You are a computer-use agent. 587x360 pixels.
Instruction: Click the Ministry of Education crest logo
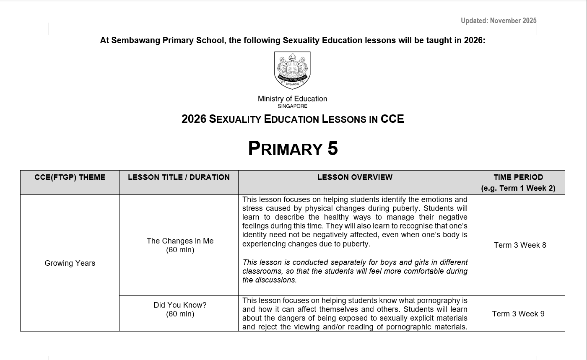coord(292,70)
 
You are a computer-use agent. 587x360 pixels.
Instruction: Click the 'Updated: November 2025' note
coord(498,21)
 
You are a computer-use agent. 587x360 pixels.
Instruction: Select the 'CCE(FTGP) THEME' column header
coord(70,177)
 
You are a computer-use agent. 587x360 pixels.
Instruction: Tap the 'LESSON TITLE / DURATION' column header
coord(179,177)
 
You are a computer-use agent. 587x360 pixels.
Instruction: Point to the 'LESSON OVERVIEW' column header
coord(355,177)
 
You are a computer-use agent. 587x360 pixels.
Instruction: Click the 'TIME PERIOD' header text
coord(518,177)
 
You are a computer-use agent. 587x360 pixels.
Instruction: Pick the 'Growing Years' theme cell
coord(70,263)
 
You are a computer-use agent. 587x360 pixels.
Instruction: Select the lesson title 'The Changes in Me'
coord(180,241)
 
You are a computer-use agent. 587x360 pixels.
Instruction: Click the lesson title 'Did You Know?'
coord(180,305)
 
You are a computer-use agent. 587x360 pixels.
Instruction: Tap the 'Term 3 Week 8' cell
coord(520,245)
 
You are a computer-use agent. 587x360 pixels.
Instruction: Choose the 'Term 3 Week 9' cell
coord(518,314)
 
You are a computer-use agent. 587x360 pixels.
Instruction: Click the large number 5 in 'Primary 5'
coord(332,148)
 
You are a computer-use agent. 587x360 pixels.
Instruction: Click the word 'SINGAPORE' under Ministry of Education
coord(292,106)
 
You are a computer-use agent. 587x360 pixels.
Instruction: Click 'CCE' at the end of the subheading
coord(392,119)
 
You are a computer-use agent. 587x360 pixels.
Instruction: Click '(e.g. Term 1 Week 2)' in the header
coord(518,188)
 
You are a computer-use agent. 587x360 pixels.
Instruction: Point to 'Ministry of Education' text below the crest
coord(292,99)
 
